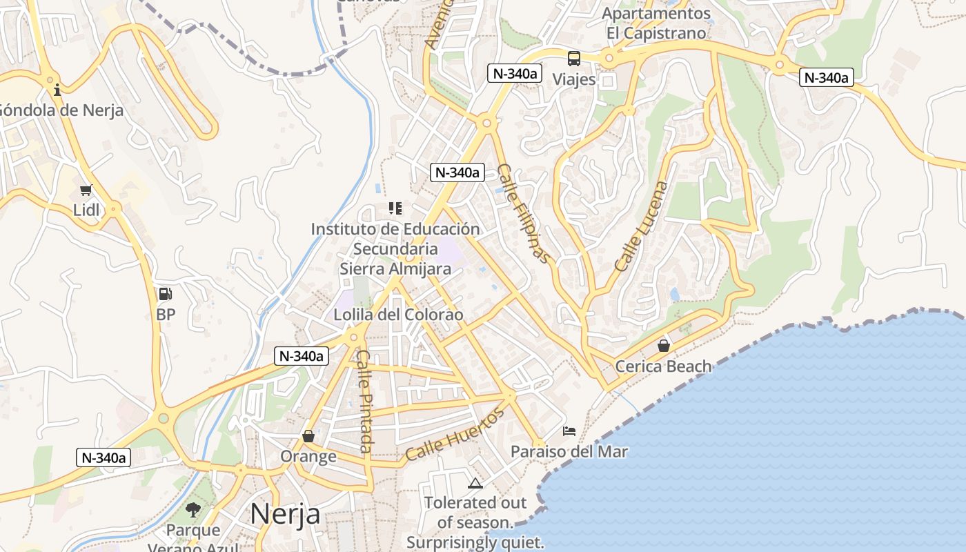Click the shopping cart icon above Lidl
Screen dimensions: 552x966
(x=86, y=190)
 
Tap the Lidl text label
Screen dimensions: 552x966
(x=87, y=210)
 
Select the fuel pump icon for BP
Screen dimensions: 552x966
(x=166, y=294)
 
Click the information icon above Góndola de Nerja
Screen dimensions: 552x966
(x=57, y=90)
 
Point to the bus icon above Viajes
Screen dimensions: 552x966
(x=574, y=59)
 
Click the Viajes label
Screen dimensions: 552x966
(x=574, y=79)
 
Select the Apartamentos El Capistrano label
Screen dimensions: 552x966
(x=656, y=23)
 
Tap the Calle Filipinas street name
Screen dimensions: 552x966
(x=525, y=213)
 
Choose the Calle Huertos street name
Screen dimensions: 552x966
(x=455, y=435)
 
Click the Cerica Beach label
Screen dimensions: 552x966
(x=663, y=366)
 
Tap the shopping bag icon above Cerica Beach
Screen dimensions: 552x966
(x=663, y=346)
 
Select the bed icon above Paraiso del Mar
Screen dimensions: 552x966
(x=569, y=431)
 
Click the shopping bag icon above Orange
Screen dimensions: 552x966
(x=308, y=436)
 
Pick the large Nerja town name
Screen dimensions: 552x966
(x=285, y=514)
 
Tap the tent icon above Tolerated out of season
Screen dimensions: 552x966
(x=475, y=483)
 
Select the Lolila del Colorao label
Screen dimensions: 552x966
(x=398, y=315)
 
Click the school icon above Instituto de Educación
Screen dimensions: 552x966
(x=395, y=208)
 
